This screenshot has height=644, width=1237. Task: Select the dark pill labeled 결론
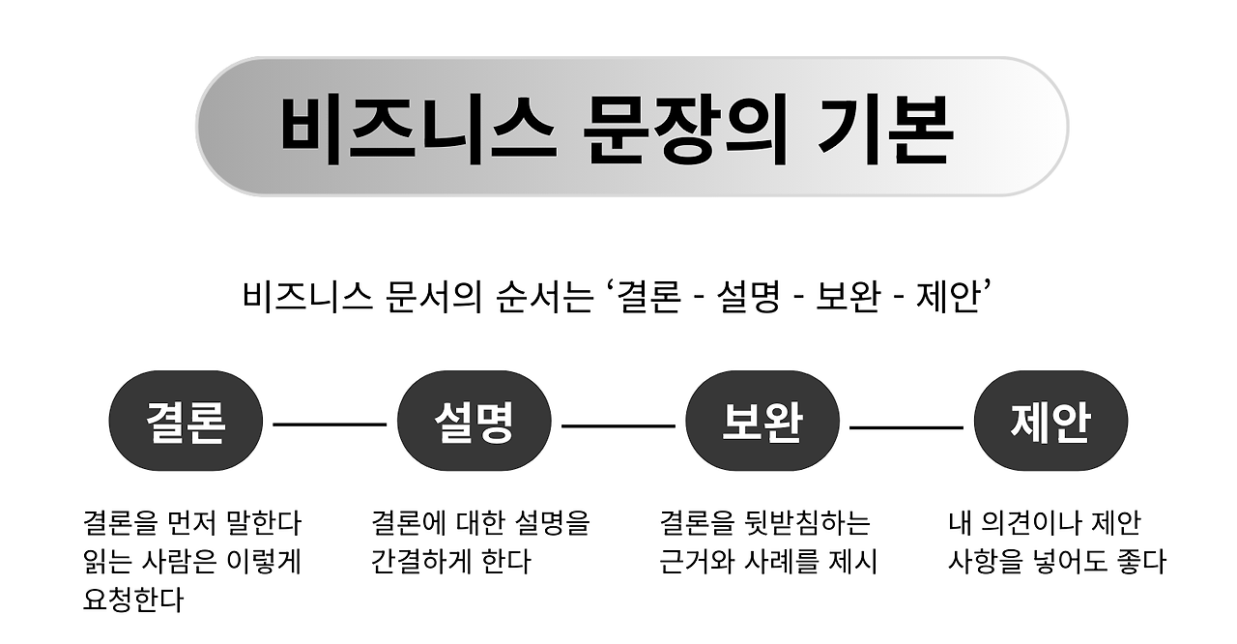[x=186, y=422]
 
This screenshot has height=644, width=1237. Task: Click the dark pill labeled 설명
[x=474, y=422]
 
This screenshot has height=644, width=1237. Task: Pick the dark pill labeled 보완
[x=762, y=422]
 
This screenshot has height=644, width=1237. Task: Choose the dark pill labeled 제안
[x=1050, y=422]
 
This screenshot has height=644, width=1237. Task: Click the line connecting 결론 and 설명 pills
[x=330, y=424]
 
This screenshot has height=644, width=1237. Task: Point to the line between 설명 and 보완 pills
[x=618, y=424]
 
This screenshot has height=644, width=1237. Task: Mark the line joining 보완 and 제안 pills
[x=906, y=424]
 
